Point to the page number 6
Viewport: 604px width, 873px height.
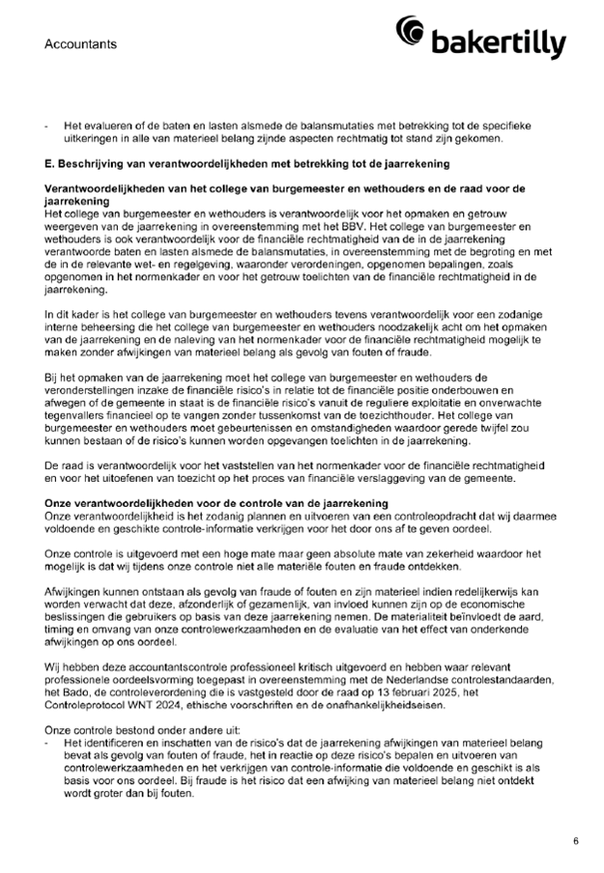tap(575, 842)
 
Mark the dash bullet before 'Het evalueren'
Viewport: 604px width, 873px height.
tap(47, 127)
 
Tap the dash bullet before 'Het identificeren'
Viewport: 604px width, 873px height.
tap(47, 716)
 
